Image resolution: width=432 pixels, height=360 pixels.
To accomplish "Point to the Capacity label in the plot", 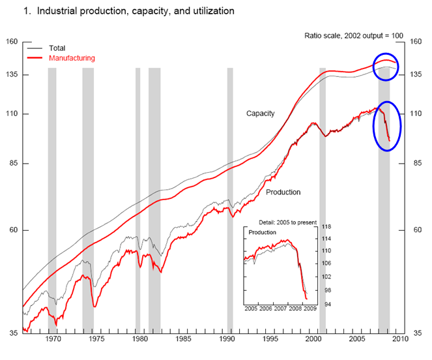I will pos(260,113).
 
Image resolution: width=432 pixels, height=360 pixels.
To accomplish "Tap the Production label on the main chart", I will pos(283,192).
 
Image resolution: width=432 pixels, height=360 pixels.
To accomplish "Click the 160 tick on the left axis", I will pos(11,42).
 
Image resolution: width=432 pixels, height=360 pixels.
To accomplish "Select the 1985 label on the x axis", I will pos(184,340).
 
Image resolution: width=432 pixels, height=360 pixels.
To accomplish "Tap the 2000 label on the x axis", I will pos(313,340).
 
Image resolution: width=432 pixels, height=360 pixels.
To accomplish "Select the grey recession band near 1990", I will pos(230,196).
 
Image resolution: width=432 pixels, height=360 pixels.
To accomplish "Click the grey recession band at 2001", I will pos(322,196).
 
